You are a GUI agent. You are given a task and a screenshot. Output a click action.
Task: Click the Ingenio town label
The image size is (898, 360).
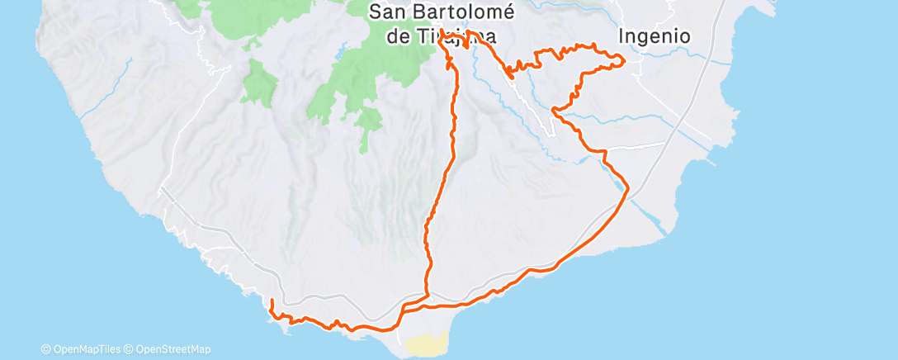tap(655, 36)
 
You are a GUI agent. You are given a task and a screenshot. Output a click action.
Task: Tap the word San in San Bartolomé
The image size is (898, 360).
tap(388, 12)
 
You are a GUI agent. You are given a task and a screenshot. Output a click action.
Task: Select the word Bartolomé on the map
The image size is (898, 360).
tap(462, 12)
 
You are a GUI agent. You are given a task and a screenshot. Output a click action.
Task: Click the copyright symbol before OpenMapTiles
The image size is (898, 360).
tap(45, 349)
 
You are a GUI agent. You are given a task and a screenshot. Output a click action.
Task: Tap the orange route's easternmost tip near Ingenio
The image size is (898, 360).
tap(624, 59)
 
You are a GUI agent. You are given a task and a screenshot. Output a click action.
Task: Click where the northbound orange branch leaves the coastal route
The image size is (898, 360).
tap(428, 295)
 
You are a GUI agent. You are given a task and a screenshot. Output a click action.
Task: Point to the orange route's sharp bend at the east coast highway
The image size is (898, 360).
tap(629, 189)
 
